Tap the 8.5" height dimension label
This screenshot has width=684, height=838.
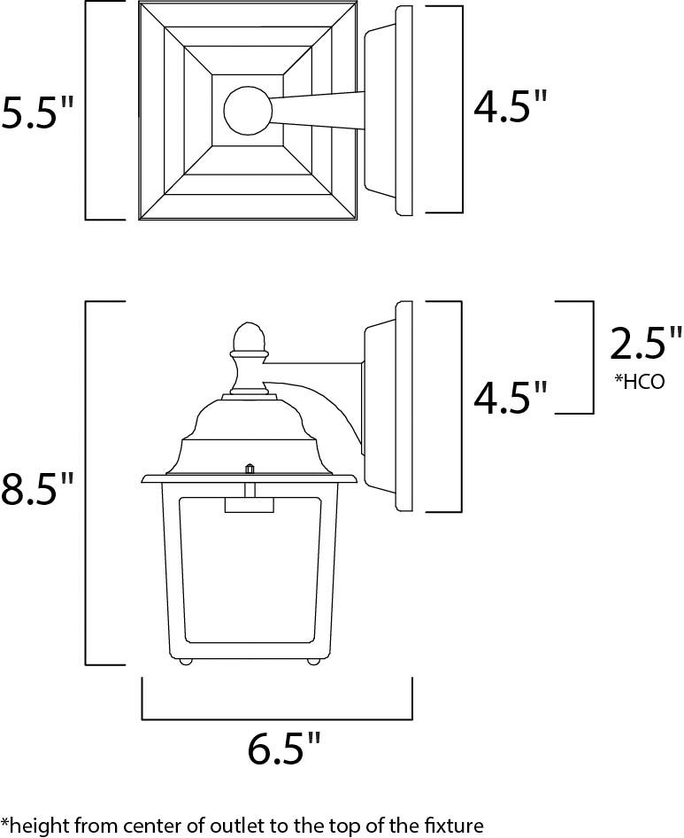tap(37, 489)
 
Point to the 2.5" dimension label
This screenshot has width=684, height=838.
tap(646, 343)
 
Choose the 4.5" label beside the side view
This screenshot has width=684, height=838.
tap(511, 398)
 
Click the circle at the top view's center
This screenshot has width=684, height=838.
tap(248, 110)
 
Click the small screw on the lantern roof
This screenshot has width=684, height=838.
tap(250, 467)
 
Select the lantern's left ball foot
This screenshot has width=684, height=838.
tap(187, 660)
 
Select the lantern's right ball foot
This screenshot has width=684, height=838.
tap(312, 660)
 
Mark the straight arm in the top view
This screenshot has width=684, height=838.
tap(319, 110)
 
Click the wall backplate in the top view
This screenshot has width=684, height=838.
tap(403, 110)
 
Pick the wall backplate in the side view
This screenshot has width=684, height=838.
tap(403, 407)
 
